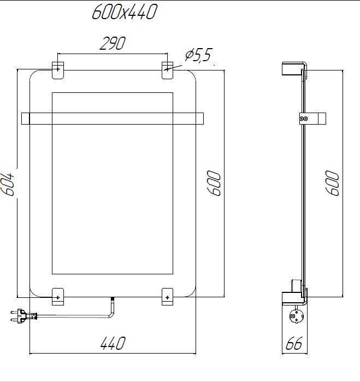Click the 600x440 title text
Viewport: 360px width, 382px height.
tap(124, 11)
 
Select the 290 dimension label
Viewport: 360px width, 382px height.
tap(112, 44)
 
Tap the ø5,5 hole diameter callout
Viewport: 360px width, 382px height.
tap(198, 55)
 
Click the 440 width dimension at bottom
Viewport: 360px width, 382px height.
tap(113, 344)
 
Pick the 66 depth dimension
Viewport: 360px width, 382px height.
tap(294, 344)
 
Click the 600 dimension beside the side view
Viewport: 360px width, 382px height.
tap(333, 184)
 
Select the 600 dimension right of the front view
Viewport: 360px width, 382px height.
tap(214, 184)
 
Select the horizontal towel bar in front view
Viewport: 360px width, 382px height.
tap(112, 118)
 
